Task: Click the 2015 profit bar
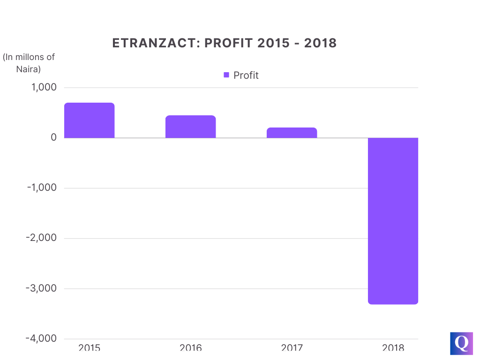89,120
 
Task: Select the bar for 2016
190,127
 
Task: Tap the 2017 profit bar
292,133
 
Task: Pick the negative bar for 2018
393,221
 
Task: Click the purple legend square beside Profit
226,75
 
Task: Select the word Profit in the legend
246,75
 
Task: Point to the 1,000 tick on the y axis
44,88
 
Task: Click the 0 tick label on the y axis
53,138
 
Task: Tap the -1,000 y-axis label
42,188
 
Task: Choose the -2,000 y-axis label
42,238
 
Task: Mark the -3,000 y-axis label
42,288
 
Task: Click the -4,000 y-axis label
42,338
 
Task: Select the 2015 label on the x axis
89,348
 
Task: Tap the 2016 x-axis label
190,348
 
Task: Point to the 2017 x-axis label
292,348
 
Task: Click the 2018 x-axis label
393,348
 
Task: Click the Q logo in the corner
461,344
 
